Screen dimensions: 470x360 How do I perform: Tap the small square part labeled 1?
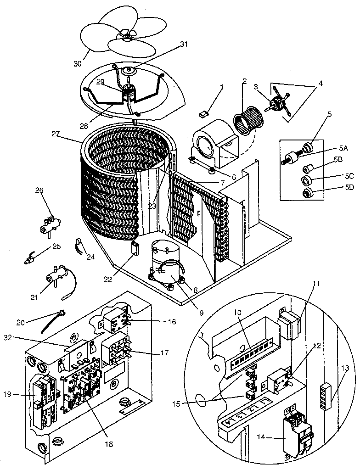click(205, 112)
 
